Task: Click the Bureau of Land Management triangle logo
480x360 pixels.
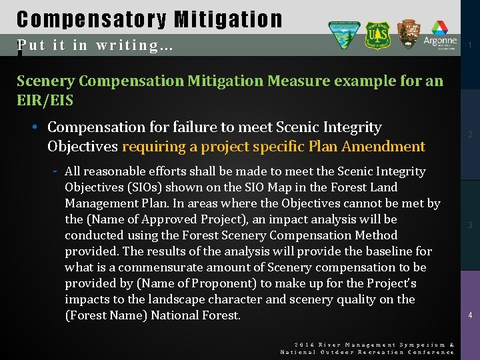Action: pos(344,35)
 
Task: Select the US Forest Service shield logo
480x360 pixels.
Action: pos(377,35)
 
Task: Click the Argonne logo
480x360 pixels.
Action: pos(440,35)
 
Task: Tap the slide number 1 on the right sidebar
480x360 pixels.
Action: pos(470,45)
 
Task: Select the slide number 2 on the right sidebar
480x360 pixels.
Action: pos(470,135)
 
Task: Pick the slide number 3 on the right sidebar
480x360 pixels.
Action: pos(470,225)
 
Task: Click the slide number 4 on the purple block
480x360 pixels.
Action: pos(470,315)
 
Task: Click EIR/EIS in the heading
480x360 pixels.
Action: pos(45,101)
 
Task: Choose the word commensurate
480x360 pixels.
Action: pos(157,267)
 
